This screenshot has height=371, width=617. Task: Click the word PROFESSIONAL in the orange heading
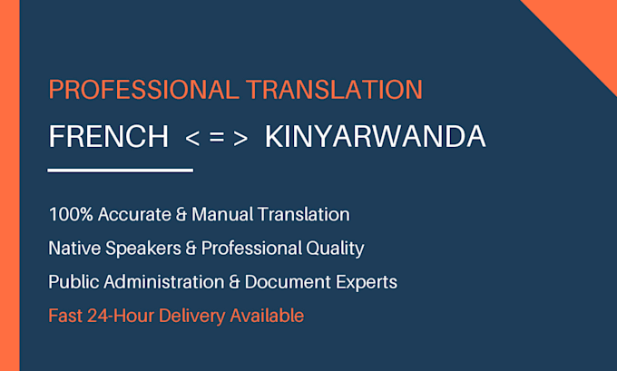143,89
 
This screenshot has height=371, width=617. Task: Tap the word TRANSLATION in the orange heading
335,89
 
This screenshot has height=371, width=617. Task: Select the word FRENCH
109,137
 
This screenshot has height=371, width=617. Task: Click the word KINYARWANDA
376,137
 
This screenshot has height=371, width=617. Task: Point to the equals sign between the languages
217,137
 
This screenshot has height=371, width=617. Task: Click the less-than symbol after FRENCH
192,138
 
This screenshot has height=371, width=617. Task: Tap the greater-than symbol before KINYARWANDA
240,138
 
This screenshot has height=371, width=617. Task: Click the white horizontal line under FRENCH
121,171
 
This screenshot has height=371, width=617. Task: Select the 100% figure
71,214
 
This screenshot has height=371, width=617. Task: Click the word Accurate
134,214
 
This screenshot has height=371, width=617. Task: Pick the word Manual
222,214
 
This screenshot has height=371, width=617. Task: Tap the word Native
74,249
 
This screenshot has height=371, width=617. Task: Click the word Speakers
143,249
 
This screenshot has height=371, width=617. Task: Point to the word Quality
335,249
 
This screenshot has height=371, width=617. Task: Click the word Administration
164,282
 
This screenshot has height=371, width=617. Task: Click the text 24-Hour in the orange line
121,316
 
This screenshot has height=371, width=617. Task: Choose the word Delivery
191,317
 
